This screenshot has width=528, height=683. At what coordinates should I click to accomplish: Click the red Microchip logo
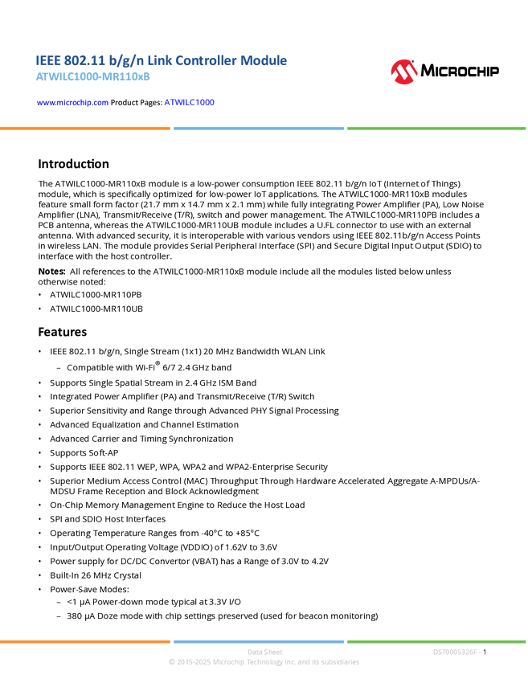(403, 72)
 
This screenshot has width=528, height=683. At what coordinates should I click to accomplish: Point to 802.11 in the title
(83, 60)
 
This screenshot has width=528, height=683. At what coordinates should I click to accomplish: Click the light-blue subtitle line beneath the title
(92, 77)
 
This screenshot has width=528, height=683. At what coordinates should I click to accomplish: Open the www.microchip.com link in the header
(72, 103)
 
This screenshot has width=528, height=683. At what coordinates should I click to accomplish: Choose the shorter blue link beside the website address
(190, 103)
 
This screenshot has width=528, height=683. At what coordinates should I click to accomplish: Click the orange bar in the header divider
(85, 128)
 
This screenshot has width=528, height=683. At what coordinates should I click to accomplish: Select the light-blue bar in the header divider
(258, 128)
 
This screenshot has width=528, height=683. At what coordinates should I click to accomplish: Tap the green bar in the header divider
(436, 128)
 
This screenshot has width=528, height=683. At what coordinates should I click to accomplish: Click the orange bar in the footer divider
(85, 641)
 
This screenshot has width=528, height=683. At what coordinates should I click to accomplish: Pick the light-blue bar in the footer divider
(258, 641)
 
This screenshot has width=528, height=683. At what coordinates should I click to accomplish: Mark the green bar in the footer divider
(436, 641)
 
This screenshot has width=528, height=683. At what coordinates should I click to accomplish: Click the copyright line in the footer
(264, 663)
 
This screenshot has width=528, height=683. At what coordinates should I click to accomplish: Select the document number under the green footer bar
(456, 652)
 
